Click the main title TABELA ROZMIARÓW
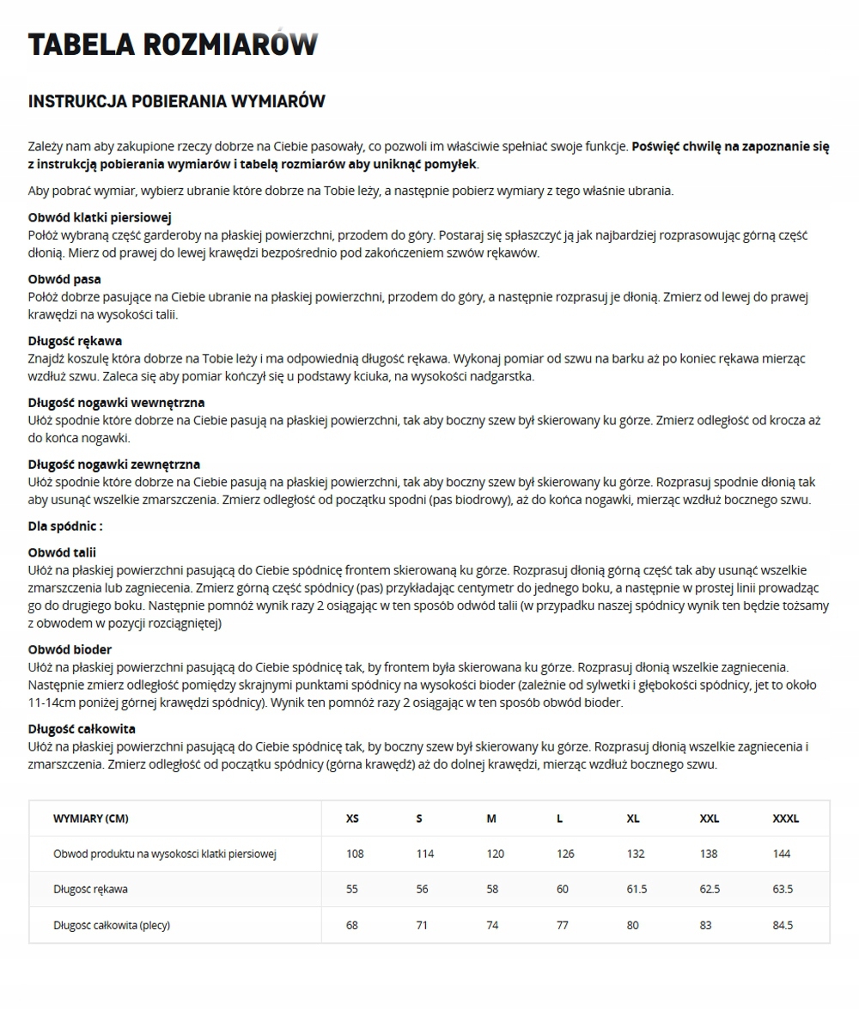point(173,44)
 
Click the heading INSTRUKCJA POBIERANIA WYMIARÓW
point(177,101)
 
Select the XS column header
point(352,818)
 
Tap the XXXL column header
point(785,818)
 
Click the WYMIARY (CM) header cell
point(91,818)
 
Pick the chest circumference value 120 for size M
point(495,854)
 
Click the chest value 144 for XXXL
point(782,854)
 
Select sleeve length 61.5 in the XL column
point(637,889)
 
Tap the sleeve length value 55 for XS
point(352,889)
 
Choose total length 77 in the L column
point(563,925)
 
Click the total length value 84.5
point(783,925)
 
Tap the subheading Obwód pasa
point(64,279)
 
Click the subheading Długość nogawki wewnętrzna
point(116,402)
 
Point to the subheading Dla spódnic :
point(65,526)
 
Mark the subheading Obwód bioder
point(70,649)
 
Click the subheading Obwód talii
point(62,552)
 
